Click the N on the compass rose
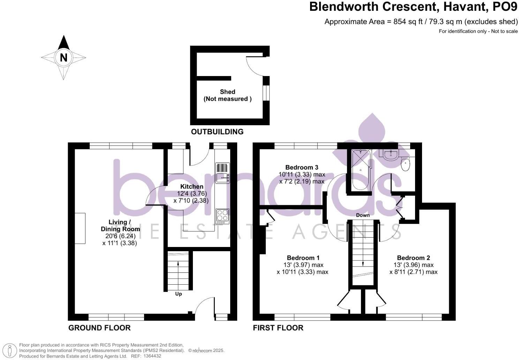tap(63, 57)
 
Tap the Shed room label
tap(227, 92)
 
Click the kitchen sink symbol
tap(223, 173)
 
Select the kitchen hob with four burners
tap(223, 216)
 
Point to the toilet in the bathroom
tap(405, 164)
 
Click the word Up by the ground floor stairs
tap(178, 294)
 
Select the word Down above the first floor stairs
tap(363, 215)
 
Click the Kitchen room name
tap(191, 187)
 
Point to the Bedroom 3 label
tap(301, 167)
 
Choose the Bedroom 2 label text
tap(413, 258)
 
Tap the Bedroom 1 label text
tap(303, 258)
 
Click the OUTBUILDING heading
tap(217, 132)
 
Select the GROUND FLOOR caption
tap(99, 328)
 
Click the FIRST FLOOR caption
tap(278, 328)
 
